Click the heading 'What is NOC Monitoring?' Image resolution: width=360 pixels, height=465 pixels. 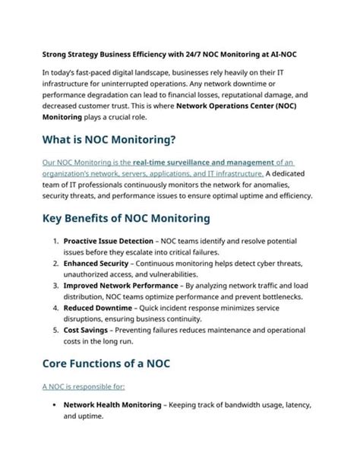coord(109,139)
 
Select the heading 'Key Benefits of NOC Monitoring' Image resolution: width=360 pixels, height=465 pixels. coord(126,218)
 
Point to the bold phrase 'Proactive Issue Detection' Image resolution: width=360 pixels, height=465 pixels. coord(108,241)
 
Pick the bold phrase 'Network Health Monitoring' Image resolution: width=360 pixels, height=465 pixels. coord(112,405)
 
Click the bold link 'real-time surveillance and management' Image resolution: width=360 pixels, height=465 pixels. coord(203,162)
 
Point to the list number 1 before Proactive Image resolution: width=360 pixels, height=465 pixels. coord(55,241)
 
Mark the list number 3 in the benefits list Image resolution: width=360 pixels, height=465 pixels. coord(55,285)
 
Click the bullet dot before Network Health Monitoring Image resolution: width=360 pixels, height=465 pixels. coord(56,405)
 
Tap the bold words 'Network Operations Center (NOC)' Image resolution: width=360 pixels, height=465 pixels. coord(244,106)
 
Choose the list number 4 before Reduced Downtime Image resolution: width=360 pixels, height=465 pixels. coord(55,308)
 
